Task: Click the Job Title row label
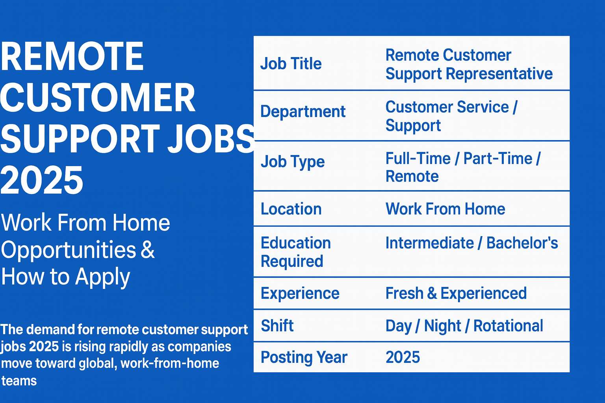pyautogui.click(x=291, y=64)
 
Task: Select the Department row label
pyautogui.click(x=303, y=112)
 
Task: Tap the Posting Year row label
pyautogui.click(x=304, y=357)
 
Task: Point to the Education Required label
pyautogui.click(x=296, y=252)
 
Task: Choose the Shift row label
pyautogui.click(x=277, y=325)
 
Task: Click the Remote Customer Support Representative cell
pyautogui.click(x=469, y=65)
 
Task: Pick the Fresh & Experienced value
pyautogui.click(x=456, y=294)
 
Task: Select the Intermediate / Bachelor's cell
pyautogui.click(x=471, y=243)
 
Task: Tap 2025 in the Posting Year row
pyautogui.click(x=403, y=357)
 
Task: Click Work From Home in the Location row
pyautogui.click(x=445, y=209)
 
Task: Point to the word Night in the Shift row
pyautogui.click(x=442, y=326)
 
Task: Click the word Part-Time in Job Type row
pyautogui.click(x=498, y=158)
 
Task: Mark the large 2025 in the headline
pyautogui.click(x=42, y=180)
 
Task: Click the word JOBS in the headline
pyautogui.click(x=211, y=139)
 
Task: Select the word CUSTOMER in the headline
pyautogui.click(x=98, y=98)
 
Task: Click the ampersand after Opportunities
pyautogui.click(x=147, y=250)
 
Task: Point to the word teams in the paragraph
pyautogui.click(x=19, y=381)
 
